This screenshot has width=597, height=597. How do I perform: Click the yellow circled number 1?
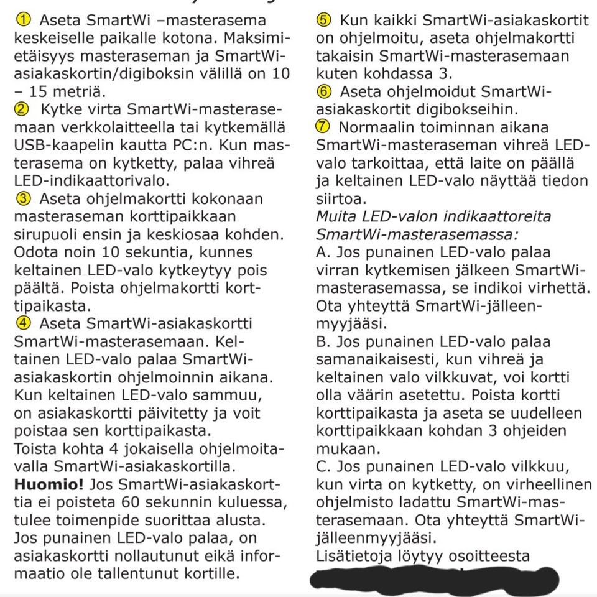[21, 20]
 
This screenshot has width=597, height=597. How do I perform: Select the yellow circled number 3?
[21, 200]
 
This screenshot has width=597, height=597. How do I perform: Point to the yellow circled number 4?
[21, 324]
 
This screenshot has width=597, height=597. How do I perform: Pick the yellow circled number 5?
[324, 20]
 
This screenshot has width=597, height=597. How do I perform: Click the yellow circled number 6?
[324, 92]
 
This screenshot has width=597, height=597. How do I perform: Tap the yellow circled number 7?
[324, 127]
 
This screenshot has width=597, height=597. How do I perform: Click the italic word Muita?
[338, 218]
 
